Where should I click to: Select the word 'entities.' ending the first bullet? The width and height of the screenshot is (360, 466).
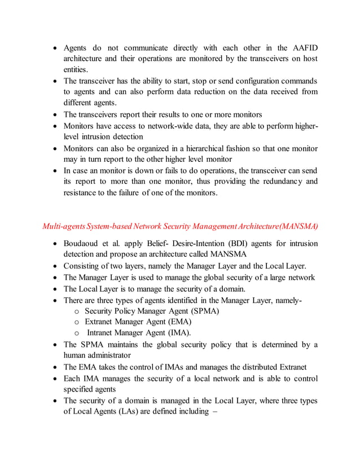(x=75, y=69)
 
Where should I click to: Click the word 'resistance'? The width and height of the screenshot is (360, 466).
(x=82, y=192)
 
